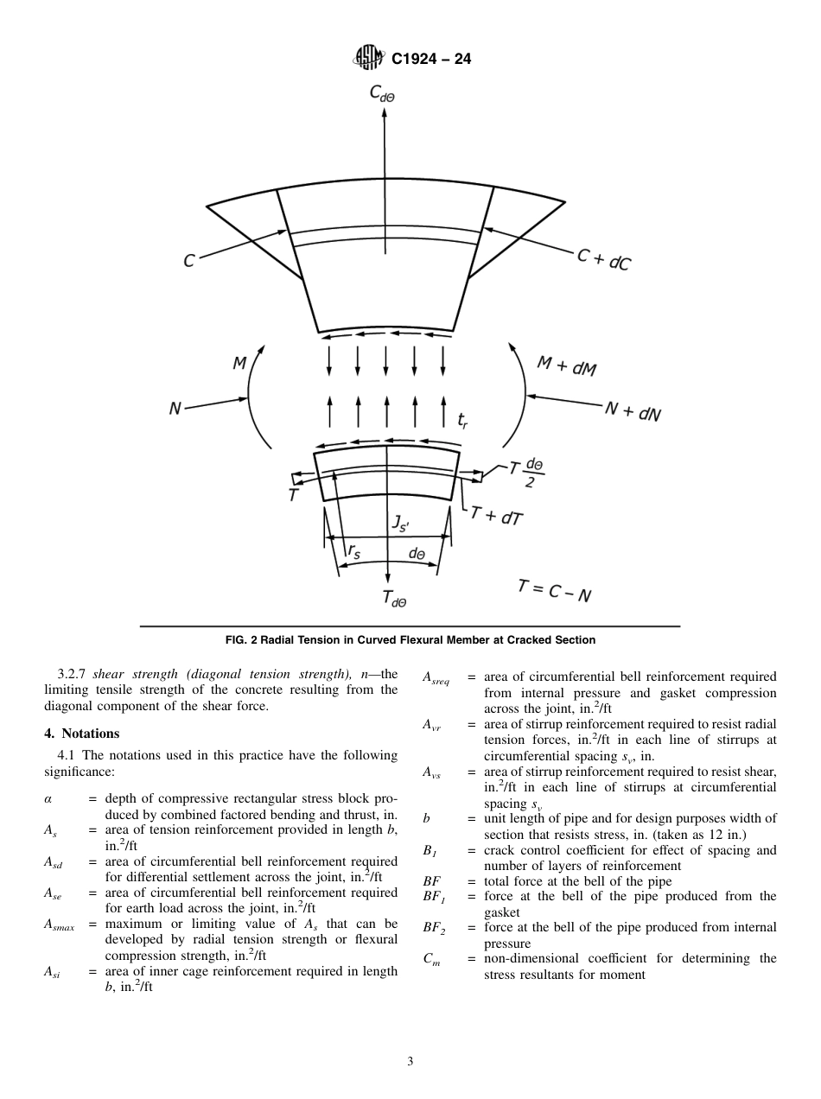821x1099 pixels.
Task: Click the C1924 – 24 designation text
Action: (x=431, y=60)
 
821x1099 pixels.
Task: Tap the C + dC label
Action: (x=604, y=258)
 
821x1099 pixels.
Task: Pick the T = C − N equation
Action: (x=554, y=590)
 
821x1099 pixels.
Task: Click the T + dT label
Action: (x=497, y=517)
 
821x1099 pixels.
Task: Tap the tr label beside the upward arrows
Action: (x=463, y=421)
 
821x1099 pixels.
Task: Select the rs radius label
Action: (x=353, y=550)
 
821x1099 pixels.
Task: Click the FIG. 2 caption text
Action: (x=410, y=640)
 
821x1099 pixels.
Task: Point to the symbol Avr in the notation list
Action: (x=432, y=724)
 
